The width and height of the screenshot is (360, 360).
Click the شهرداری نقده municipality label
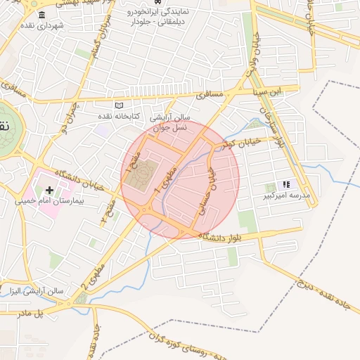point(43,25)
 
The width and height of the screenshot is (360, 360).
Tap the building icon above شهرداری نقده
point(43,15)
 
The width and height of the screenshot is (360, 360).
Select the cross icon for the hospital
point(49,190)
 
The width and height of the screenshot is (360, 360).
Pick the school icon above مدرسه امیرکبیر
point(286,184)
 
